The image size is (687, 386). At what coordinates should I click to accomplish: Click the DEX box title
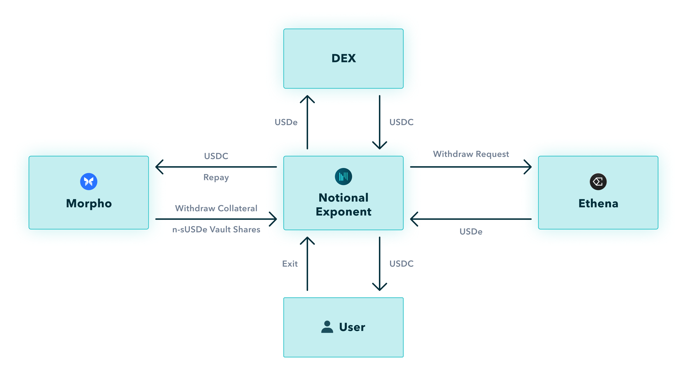[x=343, y=58]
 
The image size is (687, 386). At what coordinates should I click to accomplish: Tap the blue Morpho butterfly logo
[x=89, y=181]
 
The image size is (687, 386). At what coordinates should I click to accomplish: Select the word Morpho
[x=89, y=203]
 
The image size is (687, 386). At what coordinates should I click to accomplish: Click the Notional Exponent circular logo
[x=343, y=177]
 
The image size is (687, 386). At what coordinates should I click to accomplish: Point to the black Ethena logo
[x=598, y=182]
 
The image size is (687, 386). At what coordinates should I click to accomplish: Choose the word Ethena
[x=598, y=203]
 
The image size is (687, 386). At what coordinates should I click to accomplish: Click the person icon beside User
[x=327, y=327]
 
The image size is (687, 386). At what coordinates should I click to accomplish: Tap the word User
[x=352, y=327]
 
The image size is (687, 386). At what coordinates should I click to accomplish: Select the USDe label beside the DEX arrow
[x=286, y=122]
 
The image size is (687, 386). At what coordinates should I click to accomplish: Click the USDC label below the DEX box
[x=401, y=122]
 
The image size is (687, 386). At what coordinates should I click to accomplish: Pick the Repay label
[x=216, y=177]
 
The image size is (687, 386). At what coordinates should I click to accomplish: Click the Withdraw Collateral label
[x=216, y=208]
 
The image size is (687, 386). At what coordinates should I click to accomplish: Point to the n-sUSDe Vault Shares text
[x=216, y=229]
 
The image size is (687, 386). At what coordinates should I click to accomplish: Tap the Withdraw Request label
[x=471, y=154]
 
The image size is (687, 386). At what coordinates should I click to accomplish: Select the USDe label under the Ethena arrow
[x=471, y=231]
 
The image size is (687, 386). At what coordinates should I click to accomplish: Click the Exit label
[x=290, y=264]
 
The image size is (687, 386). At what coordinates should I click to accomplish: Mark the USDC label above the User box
[x=401, y=264]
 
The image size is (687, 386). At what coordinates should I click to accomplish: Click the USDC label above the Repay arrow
[x=216, y=156]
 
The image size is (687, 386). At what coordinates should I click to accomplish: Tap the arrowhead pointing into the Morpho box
[x=159, y=167]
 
